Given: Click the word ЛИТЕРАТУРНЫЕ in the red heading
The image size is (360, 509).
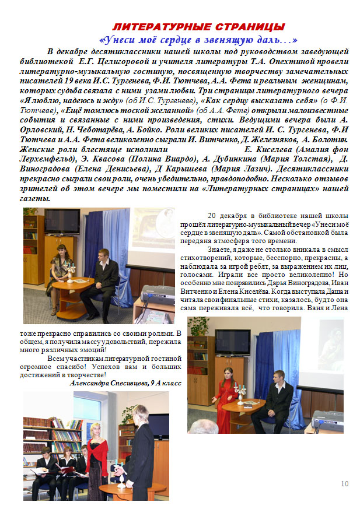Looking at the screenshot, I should pos(152,27).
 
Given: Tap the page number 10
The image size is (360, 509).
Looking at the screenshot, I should pos(344,483).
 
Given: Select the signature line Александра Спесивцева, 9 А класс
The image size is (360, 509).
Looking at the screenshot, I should pos(125,383).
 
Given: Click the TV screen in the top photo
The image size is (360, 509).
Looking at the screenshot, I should pos(62,221).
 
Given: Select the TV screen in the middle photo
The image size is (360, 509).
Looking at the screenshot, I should pos(233,342).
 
